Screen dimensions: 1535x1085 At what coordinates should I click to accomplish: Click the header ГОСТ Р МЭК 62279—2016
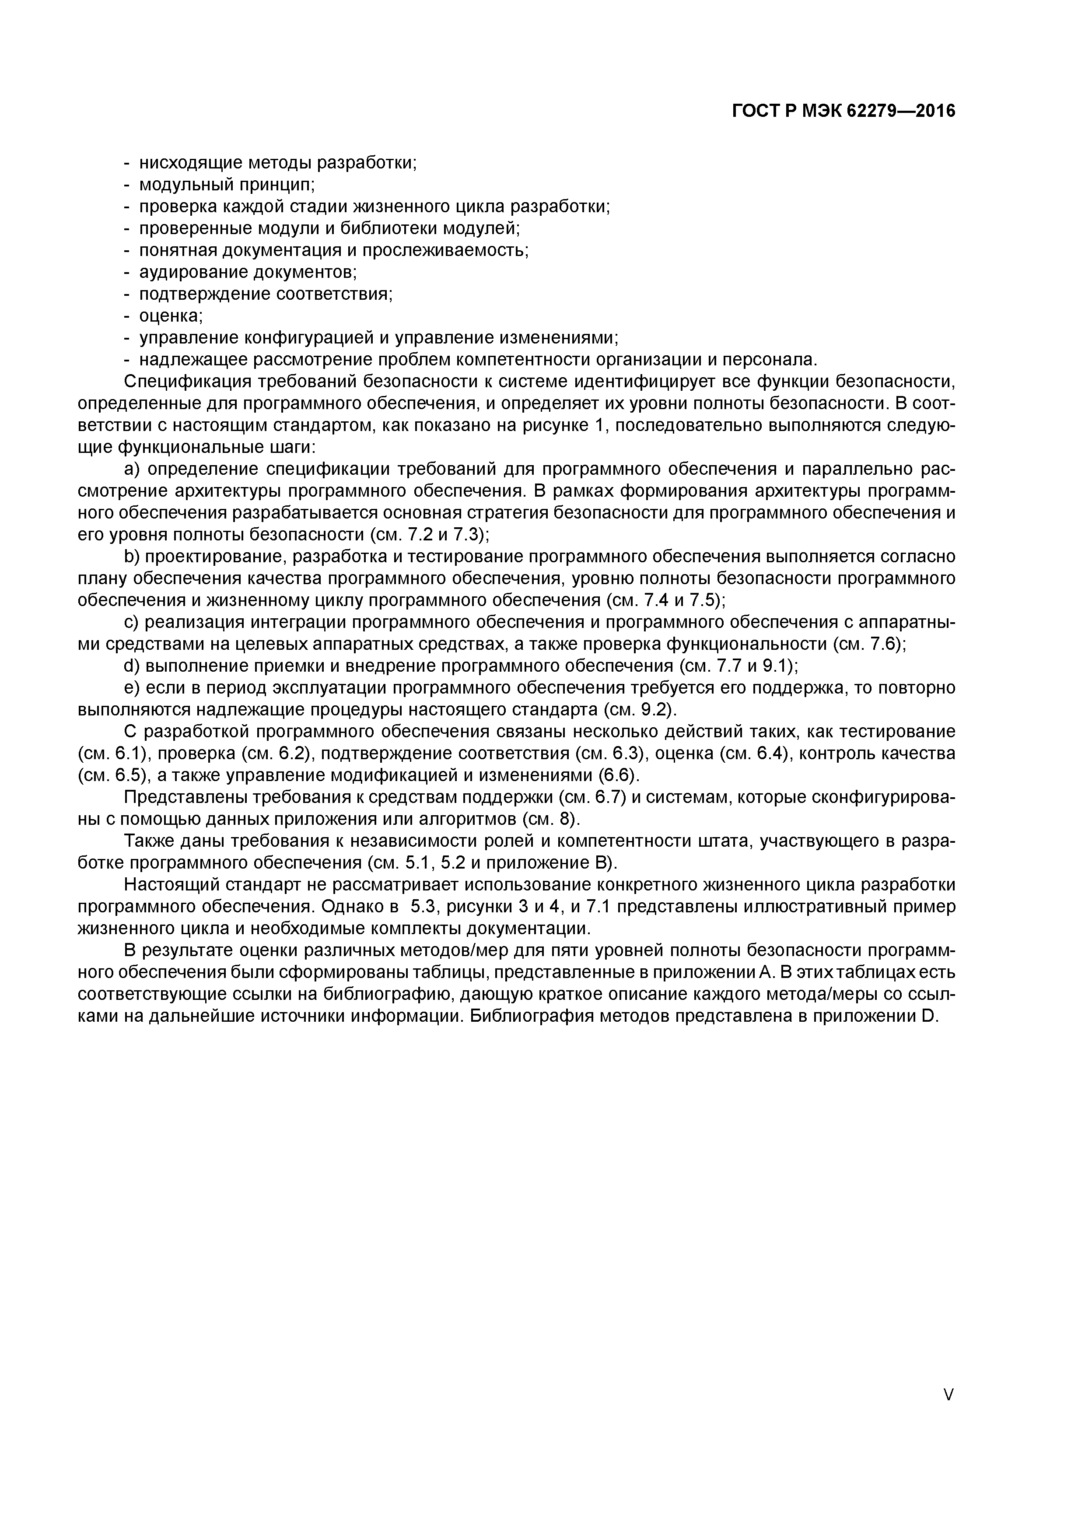[843, 111]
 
